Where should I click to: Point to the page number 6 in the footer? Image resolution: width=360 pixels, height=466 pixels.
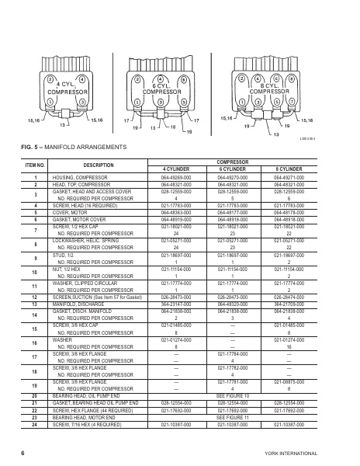click(x=24, y=451)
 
